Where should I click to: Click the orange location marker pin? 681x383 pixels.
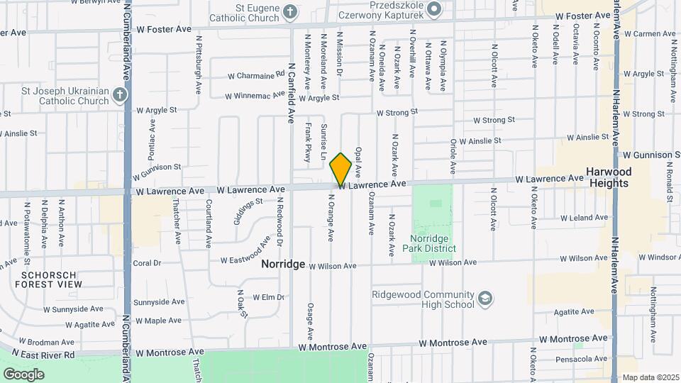point(341,169)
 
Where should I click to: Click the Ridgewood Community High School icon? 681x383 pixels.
point(485,299)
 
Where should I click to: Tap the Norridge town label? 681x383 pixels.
point(283,264)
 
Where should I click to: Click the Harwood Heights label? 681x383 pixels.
point(608,177)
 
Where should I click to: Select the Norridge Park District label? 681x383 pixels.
point(433,243)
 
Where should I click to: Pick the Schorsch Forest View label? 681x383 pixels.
point(51,279)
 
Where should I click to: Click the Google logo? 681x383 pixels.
point(23,374)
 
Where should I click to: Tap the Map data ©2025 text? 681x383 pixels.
point(650,377)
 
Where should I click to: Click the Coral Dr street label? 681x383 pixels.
point(147,262)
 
